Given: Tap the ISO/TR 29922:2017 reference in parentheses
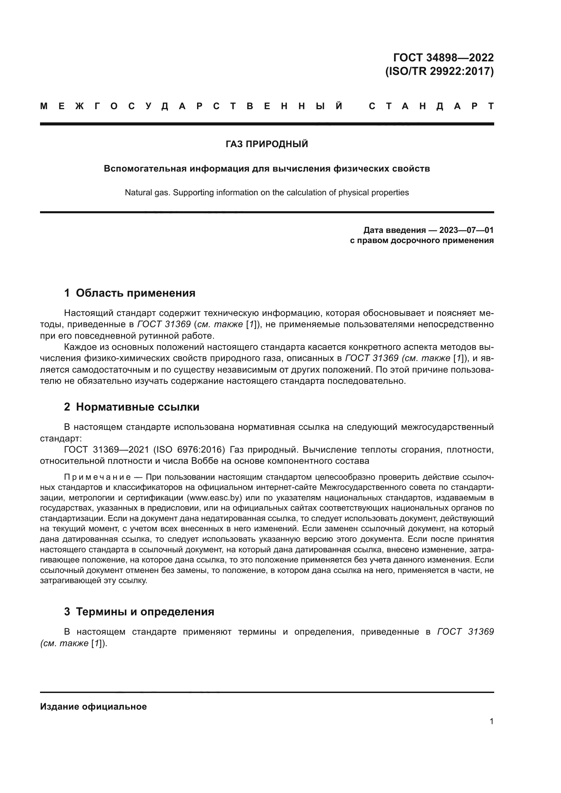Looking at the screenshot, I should pyautogui.click(x=439, y=71).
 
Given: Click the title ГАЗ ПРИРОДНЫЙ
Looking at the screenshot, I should pyautogui.click(x=267, y=144).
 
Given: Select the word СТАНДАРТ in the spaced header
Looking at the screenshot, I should pyautogui.click(x=431, y=106).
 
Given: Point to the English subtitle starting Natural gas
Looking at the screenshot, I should pyautogui.click(x=267, y=192).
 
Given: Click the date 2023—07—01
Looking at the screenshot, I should pyautogui.click(x=466, y=230).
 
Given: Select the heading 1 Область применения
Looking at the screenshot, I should pyautogui.click(x=130, y=293).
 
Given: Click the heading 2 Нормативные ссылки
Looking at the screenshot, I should pyautogui.click(x=132, y=407).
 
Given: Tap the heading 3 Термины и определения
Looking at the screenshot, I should pyautogui.click(x=139, y=611).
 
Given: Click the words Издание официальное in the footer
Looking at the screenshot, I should pyautogui.click(x=93, y=707).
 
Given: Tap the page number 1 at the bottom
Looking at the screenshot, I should pyautogui.click(x=491, y=721).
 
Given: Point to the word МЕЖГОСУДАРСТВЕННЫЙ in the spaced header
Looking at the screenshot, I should pyautogui.click(x=192, y=106).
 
